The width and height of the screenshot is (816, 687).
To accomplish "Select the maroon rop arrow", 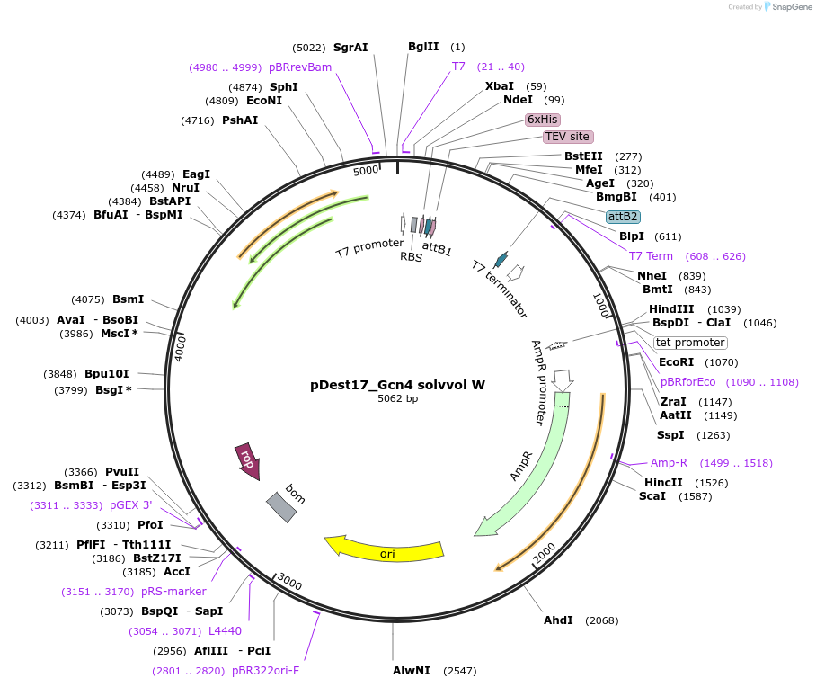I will pos(246,459).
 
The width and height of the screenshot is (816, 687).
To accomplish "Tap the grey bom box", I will pos(280,506).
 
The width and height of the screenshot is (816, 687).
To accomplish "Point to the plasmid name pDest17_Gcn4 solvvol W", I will pos(397,385).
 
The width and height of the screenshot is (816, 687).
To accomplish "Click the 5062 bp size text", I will pos(397,398).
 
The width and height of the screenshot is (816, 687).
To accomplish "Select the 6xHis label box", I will pos(543,119).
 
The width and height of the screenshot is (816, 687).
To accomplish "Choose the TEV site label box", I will pos(567,137).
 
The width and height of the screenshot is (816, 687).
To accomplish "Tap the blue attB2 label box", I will pos(623,217).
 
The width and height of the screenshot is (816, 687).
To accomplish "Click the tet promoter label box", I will pos(690,343).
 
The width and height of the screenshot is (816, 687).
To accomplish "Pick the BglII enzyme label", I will pos(423,47).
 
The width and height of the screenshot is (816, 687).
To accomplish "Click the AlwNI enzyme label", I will pos(412,671).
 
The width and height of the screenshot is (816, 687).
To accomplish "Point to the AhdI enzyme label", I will pos(558,620).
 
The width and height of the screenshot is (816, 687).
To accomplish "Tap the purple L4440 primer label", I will pos(225,631).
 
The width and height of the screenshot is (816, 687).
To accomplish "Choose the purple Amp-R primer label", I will pos(669,463).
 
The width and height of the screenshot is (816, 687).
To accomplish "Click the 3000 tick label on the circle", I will pos(289,582).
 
